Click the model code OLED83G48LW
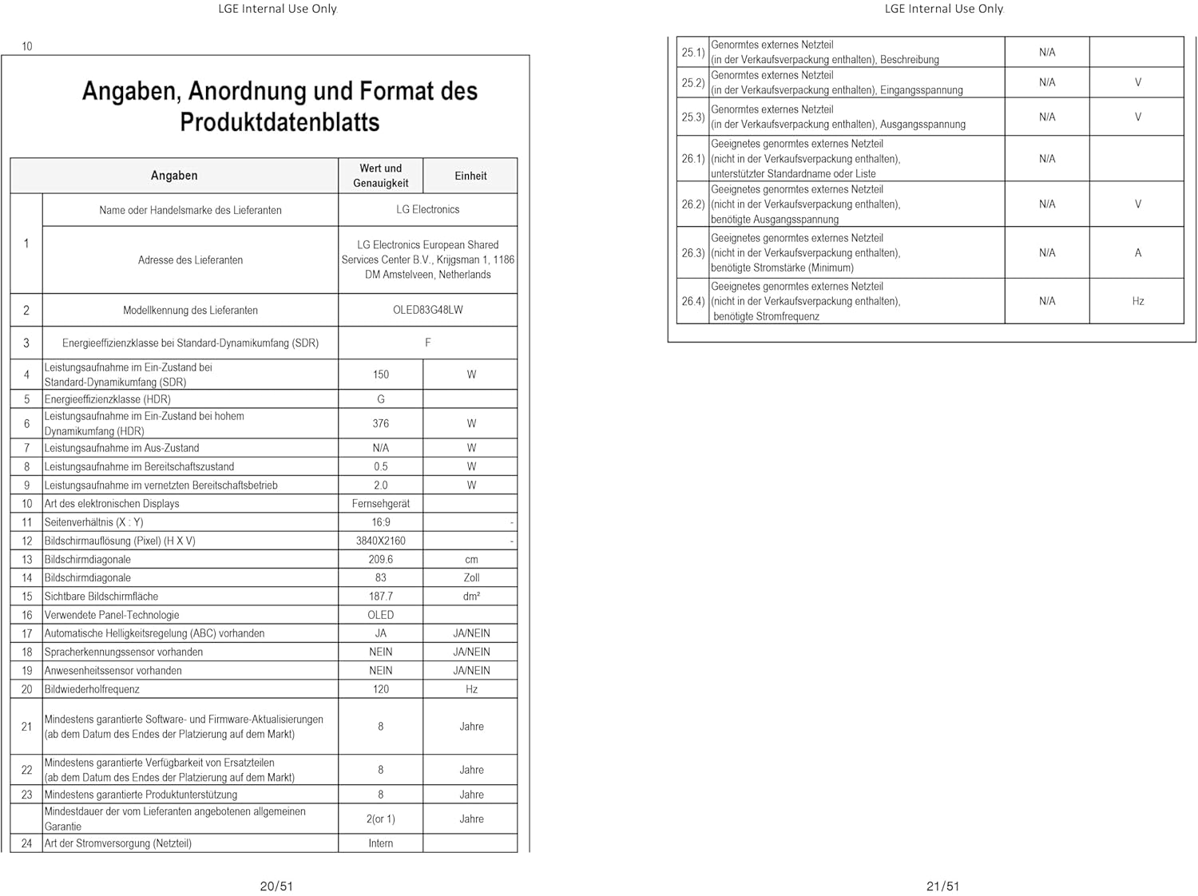[x=427, y=310]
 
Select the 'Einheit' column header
[x=470, y=176]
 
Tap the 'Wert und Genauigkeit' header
[x=380, y=176]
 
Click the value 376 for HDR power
[x=380, y=423]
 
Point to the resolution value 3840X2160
[x=380, y=541]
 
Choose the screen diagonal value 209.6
[x=380, y=559]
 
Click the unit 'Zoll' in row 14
[x=471, y=577]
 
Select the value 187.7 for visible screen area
[x=380, y=596]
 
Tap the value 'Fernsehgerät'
[x=380, y=503]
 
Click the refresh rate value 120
[x=380, y=689]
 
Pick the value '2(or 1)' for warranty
[x=380, y=819]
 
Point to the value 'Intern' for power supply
[x=380, y=843]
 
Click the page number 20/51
[x=276, y=886]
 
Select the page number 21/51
[x=942, y=886]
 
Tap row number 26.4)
[x=692, y=301]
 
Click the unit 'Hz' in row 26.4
[x=1137, y=301]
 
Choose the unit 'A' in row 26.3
[x=1137, y=252]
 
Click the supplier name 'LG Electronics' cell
[x=427, y=209]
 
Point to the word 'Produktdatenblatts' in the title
[x=280, y=122]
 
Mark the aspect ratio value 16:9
[x=380, y=522]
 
